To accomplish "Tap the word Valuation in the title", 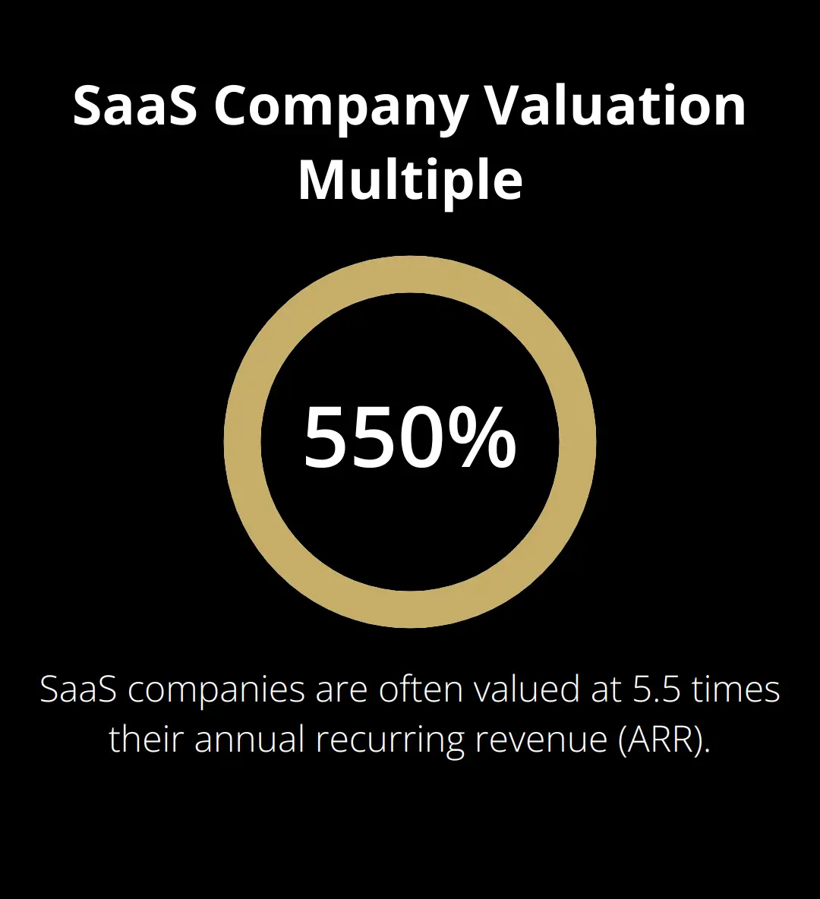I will [616, 106].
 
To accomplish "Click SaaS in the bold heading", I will [134, 106].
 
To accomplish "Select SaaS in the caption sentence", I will [71, 690].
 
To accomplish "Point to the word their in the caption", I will [146, 739].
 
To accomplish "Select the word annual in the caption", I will [250, 739].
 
